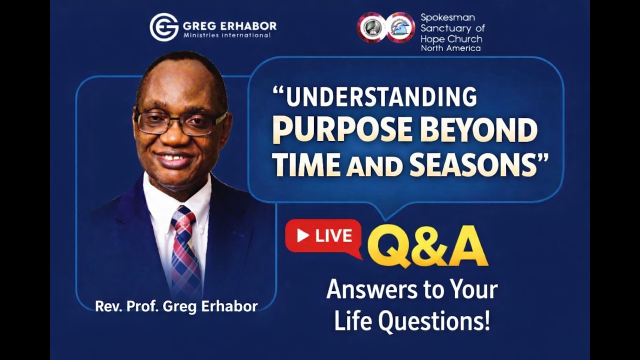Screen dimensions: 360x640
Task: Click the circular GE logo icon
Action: tap(164, 27)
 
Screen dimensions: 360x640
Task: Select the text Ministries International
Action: tap(227, 35)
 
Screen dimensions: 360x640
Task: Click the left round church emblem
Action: tap(371, 27)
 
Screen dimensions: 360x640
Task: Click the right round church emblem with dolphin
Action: tap(400, 27)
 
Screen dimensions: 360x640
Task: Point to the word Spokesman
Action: tap(447, 17)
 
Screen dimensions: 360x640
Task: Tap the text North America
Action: tap(450, 48)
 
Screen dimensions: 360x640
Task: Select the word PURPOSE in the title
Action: tap(342, 130)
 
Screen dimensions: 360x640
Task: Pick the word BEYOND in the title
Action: tap(478, 130)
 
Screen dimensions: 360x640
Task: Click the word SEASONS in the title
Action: tap(473, 165)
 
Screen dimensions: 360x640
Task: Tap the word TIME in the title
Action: tap(305, 165)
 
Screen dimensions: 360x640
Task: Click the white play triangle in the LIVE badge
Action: tap(302, 236)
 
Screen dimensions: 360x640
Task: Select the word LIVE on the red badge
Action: tap(333, 236)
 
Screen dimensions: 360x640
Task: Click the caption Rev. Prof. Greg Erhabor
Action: tap(176, 306)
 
